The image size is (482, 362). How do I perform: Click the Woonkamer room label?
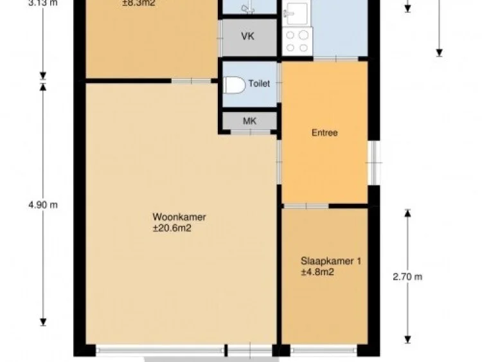(x=179, y=217)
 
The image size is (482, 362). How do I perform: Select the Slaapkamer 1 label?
(x=331, y=261)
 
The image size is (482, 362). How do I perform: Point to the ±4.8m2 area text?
(x=317, y=272)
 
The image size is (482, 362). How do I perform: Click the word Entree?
(x=325, y=133)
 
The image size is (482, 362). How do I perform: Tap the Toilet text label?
(x=258, y=84)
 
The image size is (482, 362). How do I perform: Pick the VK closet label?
(x=248, y=36)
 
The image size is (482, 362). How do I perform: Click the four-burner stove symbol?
(x=297, y=41)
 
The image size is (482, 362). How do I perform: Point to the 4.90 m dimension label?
(x=43, y=205)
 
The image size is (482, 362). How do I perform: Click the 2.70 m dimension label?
(x=407, y=277)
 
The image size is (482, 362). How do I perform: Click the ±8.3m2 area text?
(x=139, y=3)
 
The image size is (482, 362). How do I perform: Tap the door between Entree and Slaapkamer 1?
(x=307, y=206)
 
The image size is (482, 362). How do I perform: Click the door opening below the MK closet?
(x=249, y=132)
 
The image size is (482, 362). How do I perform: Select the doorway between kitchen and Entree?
(x=335, y=59)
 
